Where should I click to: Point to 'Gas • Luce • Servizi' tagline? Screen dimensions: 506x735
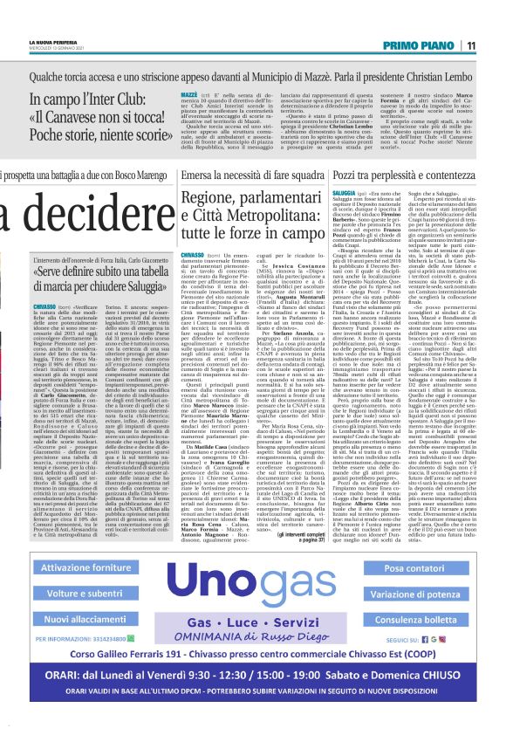coord(252,628)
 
